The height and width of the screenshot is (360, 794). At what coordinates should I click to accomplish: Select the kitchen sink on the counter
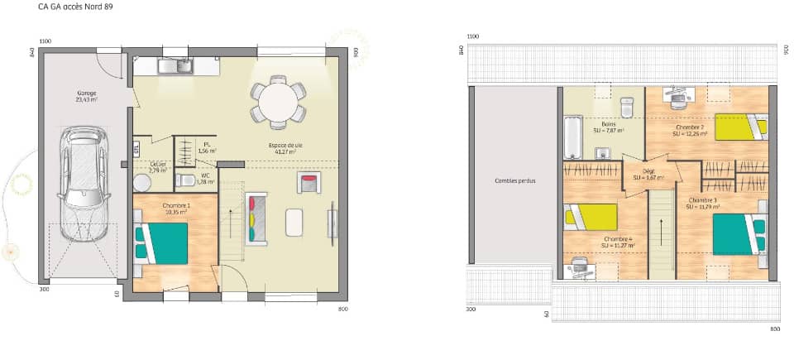point(176,66)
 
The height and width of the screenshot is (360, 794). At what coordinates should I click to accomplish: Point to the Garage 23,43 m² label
point(87,96)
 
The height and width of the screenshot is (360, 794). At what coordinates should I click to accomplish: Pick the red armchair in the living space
point(310,182)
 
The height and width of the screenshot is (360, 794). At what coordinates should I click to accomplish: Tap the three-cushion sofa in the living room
point(257,218)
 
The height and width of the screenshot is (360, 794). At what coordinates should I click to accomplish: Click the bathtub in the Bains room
point(572,137)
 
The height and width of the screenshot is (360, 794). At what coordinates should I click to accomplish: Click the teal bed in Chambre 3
point(738,234)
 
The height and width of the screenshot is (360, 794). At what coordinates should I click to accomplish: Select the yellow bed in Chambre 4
point(592,218)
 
